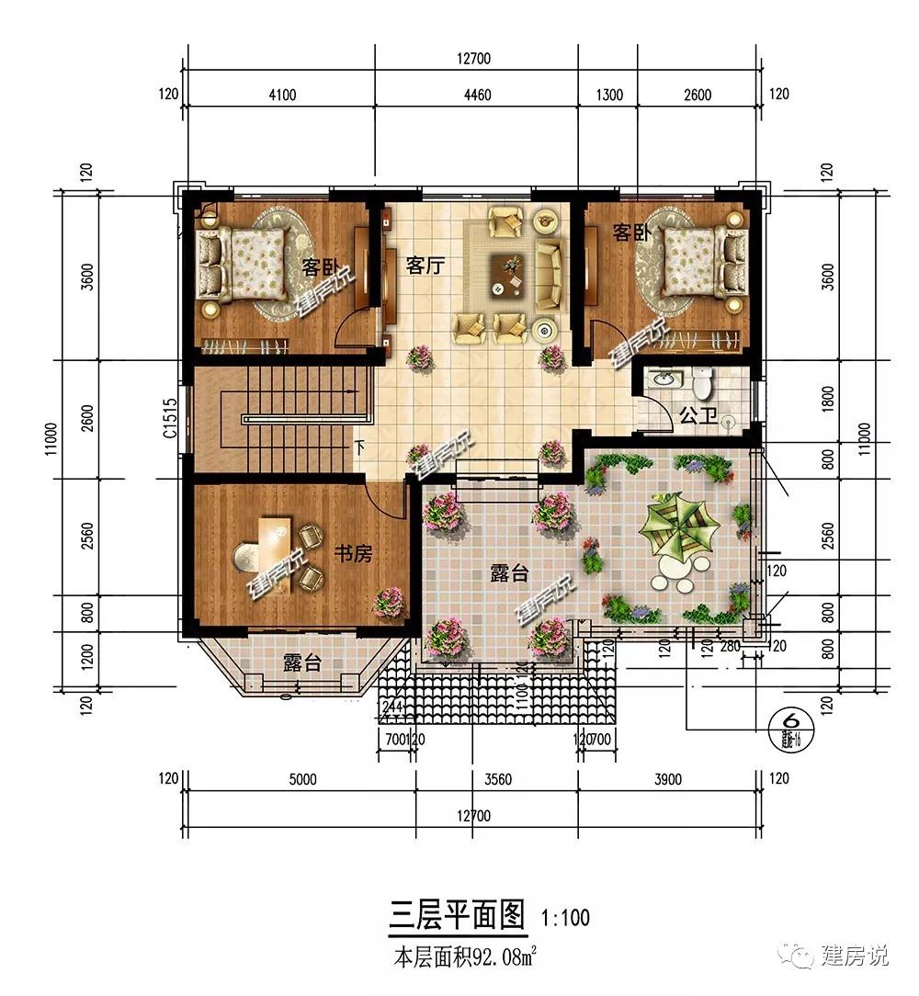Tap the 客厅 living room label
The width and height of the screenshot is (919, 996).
(425, 266)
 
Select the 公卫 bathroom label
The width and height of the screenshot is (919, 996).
(698, 415)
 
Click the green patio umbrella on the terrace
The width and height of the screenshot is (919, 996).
(679, 526)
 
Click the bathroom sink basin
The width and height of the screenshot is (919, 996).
(662, 379)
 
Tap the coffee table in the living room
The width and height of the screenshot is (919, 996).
(508, 273)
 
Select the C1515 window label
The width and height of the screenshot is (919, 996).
(170, 418)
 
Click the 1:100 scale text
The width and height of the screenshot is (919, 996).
(566, 916)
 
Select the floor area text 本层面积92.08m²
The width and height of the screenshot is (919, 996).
(465, 958)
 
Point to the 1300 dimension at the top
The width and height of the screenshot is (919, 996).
(609, 95)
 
